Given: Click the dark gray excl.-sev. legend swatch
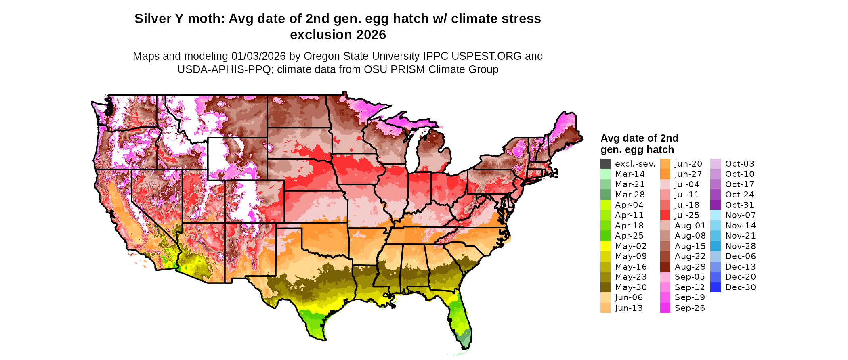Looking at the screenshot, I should pyautogui.click(x=605, y=164).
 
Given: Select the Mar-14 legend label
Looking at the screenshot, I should pyautogui.click(x=630, y=174).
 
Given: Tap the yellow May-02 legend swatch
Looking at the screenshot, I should pyautogui.click(x=605, y=246).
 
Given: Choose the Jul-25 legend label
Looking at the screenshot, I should pyautogui.click(x=687, y=215).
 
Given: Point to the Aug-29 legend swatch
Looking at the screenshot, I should pyautogui.click(x=665, y=267).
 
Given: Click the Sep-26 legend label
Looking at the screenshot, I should pyautogui.click(x=690, y=308).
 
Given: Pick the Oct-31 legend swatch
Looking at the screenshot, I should pyautogui.click(x=715, y=205).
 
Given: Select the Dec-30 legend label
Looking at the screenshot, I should pyautogui.click(x=740, y=287).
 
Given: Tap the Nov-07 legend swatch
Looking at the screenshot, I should pyautogui.click(x=715, y=215).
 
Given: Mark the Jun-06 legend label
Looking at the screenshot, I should pyautogui.click(x=629, y=297).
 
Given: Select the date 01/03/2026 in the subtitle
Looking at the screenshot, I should pyautogui.click(x=258, y=56).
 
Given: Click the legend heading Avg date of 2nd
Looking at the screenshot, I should pyautogui.click(x=639, y=138).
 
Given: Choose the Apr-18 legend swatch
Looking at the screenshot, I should pyautogui.click(x=605, y=226).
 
